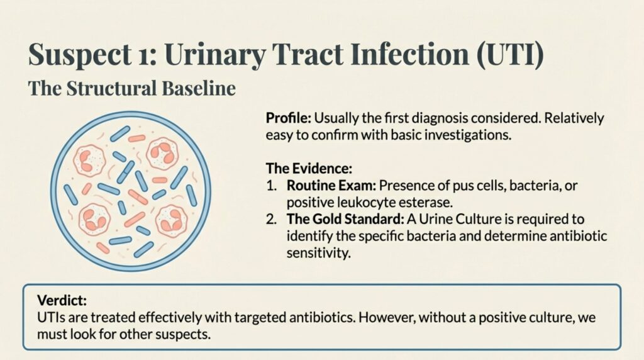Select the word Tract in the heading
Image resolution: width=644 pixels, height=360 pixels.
(306, 55)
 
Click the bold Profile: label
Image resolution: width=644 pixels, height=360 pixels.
(288, 118)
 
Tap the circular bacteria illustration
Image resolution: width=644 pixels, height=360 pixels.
(131, 192)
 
